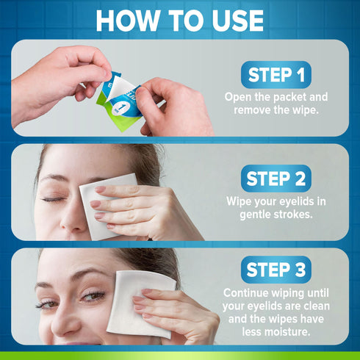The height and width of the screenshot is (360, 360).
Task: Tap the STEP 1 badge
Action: click(276, 75)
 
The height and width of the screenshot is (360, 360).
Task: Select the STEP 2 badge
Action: click(276, 179)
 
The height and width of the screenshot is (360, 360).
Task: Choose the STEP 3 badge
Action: click(276, 269)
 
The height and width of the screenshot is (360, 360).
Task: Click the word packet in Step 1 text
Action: click(289, 97)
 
